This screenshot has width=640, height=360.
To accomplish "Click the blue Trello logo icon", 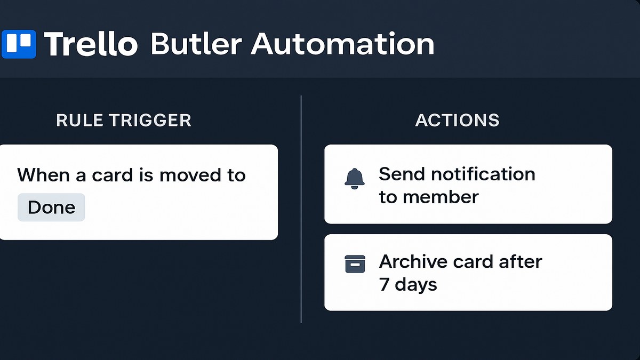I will click(19, 44).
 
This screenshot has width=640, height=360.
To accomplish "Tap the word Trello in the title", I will click(91, 44).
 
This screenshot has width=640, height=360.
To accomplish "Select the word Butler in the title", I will click(196, 44).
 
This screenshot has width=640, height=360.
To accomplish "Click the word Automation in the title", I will click(342, 44).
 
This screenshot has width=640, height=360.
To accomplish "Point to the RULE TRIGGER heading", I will click(123, 121).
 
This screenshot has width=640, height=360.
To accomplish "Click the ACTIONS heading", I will click(457, 121).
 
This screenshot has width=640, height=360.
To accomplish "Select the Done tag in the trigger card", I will click(51, 207).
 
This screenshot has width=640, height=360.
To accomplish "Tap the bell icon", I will click(355, 179).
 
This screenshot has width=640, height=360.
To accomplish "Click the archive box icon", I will click(355, 264).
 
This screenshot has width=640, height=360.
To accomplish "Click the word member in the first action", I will click(440, 197).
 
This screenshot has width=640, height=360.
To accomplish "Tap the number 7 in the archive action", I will click(384, 284).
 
